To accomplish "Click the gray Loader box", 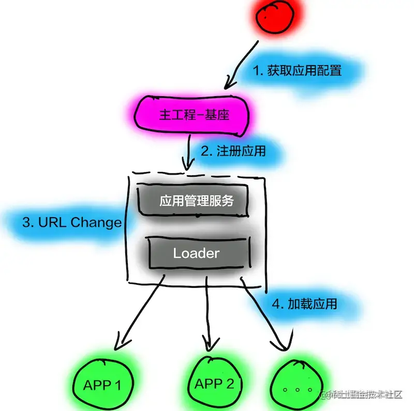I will point(196,253).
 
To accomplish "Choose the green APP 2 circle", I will point(214,384).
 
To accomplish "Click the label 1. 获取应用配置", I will point(297,71).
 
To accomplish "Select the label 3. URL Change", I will point(72,223).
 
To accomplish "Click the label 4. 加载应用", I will point(304,303).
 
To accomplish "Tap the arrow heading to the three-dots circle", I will point(264,315).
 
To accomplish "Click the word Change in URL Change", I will point(96,223).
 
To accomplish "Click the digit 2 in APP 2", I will point(229,384).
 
